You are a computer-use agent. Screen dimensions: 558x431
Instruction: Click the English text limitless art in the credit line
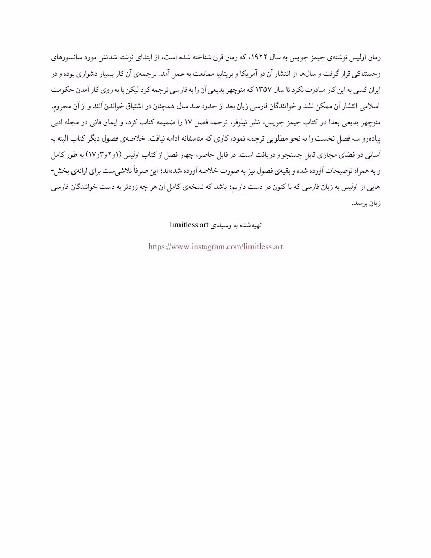[x=189, y=224]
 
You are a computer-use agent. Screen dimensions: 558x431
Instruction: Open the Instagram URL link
[x=215, y=247]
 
